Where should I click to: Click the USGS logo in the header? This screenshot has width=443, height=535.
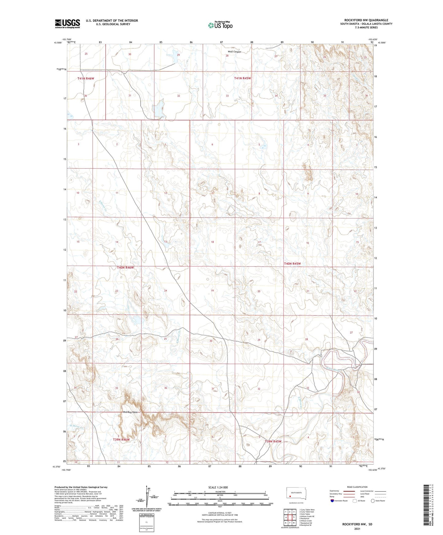point(67,24)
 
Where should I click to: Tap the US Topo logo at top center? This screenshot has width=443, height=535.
point(220,25)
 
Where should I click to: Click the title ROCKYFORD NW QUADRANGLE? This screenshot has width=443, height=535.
point(366,20)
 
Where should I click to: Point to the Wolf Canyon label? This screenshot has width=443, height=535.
point(234,52)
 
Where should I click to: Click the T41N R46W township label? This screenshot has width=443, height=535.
point(86,78)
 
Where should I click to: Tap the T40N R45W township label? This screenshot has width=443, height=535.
point(292,264)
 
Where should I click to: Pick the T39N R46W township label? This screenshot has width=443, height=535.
point(121,439)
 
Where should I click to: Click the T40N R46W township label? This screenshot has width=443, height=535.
point(125,267)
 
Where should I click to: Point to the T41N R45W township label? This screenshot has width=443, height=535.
point(243,78)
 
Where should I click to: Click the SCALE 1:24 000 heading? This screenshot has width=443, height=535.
point(218,487)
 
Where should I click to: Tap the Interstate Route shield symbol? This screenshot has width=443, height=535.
point(332,501)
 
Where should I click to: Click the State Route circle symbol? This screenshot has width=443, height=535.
point(373,501)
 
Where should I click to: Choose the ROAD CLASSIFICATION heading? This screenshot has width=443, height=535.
point(357,487)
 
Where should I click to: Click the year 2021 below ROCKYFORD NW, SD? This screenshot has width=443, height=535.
point(357,529)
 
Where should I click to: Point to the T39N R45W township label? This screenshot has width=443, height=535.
point(273,441)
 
